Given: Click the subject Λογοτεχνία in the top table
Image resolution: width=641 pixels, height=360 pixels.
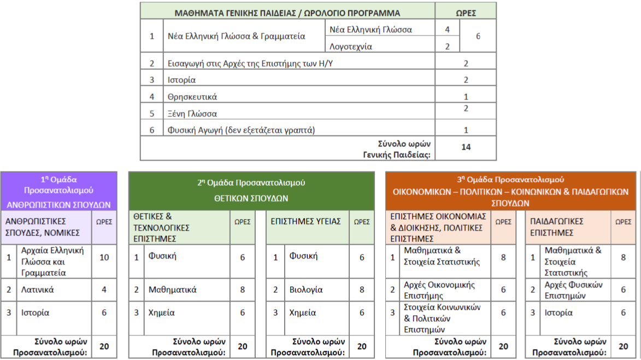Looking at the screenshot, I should (351, 46).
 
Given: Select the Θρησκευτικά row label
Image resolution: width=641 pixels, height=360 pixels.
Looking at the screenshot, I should (192, 97).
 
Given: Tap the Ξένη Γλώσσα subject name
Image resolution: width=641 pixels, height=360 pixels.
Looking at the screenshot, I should (192, 114).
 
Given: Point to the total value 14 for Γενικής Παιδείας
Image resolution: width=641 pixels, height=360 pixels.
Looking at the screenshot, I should (466, 146).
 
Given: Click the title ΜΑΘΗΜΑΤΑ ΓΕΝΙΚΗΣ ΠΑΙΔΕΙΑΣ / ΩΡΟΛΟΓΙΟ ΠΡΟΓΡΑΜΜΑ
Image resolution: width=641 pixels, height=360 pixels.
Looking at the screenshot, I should (287, 13).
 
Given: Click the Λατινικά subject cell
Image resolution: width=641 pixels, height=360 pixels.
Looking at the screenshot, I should (38, 290).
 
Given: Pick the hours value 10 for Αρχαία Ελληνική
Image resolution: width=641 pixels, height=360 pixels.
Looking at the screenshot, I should (104, 257).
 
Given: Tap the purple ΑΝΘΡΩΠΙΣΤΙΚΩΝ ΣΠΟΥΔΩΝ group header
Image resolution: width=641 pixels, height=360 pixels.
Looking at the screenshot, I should (58, 205).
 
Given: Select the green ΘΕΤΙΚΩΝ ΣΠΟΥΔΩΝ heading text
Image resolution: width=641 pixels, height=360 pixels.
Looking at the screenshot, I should (251, 198).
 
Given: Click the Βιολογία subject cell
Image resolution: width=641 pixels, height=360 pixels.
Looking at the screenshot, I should (306, 290).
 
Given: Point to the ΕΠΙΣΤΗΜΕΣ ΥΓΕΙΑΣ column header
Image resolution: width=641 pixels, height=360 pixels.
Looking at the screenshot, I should (306, 221).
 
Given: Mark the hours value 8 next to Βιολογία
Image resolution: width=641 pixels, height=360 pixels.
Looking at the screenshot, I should (362, 290).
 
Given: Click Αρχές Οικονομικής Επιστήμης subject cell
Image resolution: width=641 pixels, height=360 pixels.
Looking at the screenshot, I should (439, 290).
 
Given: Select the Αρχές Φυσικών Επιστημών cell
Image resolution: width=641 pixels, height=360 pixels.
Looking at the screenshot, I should (574, 290).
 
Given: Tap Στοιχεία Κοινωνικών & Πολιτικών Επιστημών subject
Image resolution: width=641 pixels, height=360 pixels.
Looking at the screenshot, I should (443, 318).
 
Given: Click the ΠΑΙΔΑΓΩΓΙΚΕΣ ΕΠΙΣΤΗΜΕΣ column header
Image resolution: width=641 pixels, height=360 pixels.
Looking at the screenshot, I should (557, 227).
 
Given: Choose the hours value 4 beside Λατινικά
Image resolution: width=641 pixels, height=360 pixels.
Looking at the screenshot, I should (104, 290).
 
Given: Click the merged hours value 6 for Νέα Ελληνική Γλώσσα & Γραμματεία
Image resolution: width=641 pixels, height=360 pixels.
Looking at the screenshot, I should (478, 36).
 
